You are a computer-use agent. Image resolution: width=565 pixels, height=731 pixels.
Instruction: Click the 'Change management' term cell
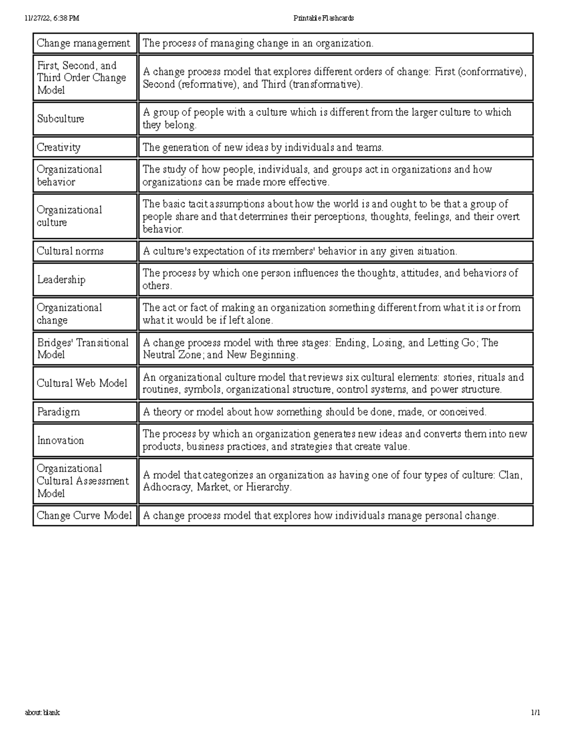tap(84, 43)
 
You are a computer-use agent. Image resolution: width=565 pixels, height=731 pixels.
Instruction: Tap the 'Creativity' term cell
tap(59, 147)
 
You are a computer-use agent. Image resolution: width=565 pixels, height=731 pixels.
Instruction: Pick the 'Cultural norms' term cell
tap(70, 251)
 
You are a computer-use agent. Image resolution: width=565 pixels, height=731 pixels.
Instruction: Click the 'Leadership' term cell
tap(61, 280)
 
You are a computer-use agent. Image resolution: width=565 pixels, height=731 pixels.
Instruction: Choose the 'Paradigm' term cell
tap(58, 412)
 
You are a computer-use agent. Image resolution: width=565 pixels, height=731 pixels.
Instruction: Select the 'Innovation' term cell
tap(60, 441)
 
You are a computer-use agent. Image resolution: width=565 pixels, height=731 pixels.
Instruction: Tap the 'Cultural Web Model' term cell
tap(82, 383)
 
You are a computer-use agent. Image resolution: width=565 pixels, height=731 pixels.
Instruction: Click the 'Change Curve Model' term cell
tap(84, 515)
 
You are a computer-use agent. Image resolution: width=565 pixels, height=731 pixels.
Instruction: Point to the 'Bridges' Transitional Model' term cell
tap(83, 349)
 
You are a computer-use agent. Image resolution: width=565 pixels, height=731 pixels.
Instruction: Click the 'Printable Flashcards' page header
tap(323, 18)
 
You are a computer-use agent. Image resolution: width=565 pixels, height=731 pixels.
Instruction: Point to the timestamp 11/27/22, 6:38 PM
tap(52, 18)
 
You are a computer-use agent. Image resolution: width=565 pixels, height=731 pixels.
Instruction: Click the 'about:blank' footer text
tap(42, 713)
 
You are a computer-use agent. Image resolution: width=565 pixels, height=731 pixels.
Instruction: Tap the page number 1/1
tap(535, 713)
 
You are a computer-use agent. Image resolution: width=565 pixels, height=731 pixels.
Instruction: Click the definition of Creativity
tap(263, 147)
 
